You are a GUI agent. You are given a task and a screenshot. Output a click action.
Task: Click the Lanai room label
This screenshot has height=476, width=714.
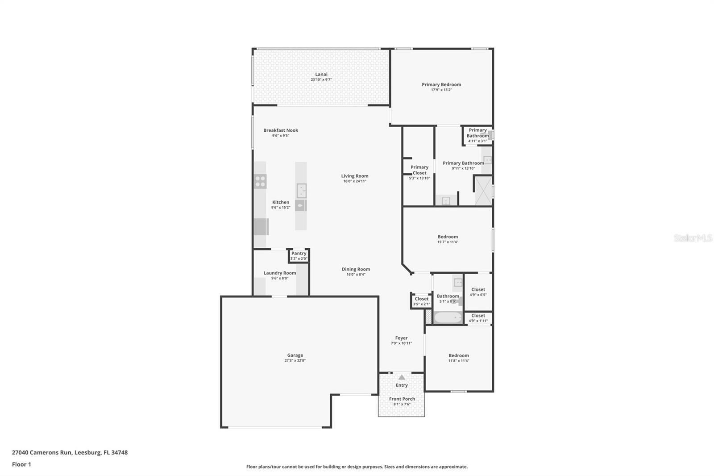(321, 75)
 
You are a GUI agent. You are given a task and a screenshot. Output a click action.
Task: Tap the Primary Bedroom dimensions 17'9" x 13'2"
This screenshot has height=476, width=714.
(441, 90)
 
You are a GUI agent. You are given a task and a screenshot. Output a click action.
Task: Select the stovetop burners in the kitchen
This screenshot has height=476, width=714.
(260, 181)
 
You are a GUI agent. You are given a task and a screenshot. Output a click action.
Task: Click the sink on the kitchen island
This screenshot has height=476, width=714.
(301, 190)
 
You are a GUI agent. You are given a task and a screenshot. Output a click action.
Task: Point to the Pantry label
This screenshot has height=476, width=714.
(299, 253)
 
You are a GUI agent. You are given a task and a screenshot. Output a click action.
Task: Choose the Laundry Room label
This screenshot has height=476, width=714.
(280, 273)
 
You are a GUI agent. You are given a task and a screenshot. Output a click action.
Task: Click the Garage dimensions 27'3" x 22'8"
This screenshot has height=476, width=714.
(295, 360)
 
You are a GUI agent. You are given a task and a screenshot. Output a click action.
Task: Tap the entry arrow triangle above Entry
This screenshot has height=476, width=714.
(402, 377)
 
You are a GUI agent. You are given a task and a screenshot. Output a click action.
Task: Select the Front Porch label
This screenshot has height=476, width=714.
(402, 399)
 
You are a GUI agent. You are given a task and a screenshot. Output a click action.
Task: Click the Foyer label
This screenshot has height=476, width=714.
(401, 338)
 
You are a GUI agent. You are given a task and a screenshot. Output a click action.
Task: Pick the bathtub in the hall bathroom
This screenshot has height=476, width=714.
(448, 318)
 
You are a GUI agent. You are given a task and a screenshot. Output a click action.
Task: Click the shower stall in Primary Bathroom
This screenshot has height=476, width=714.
(483, 191)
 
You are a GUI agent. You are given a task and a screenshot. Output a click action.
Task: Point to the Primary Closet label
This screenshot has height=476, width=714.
(419, 170)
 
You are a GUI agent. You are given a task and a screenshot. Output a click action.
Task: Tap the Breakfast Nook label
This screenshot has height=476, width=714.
(281, 130)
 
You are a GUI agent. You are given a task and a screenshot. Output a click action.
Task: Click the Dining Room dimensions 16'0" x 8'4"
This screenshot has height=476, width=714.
(356, 275)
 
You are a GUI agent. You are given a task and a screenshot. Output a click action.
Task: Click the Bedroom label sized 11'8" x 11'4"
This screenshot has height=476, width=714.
(459, 355)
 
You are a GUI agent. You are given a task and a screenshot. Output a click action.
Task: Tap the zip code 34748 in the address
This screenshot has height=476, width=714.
(120, 452)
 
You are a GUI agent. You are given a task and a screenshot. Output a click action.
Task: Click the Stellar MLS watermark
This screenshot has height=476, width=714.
(693, 238)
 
